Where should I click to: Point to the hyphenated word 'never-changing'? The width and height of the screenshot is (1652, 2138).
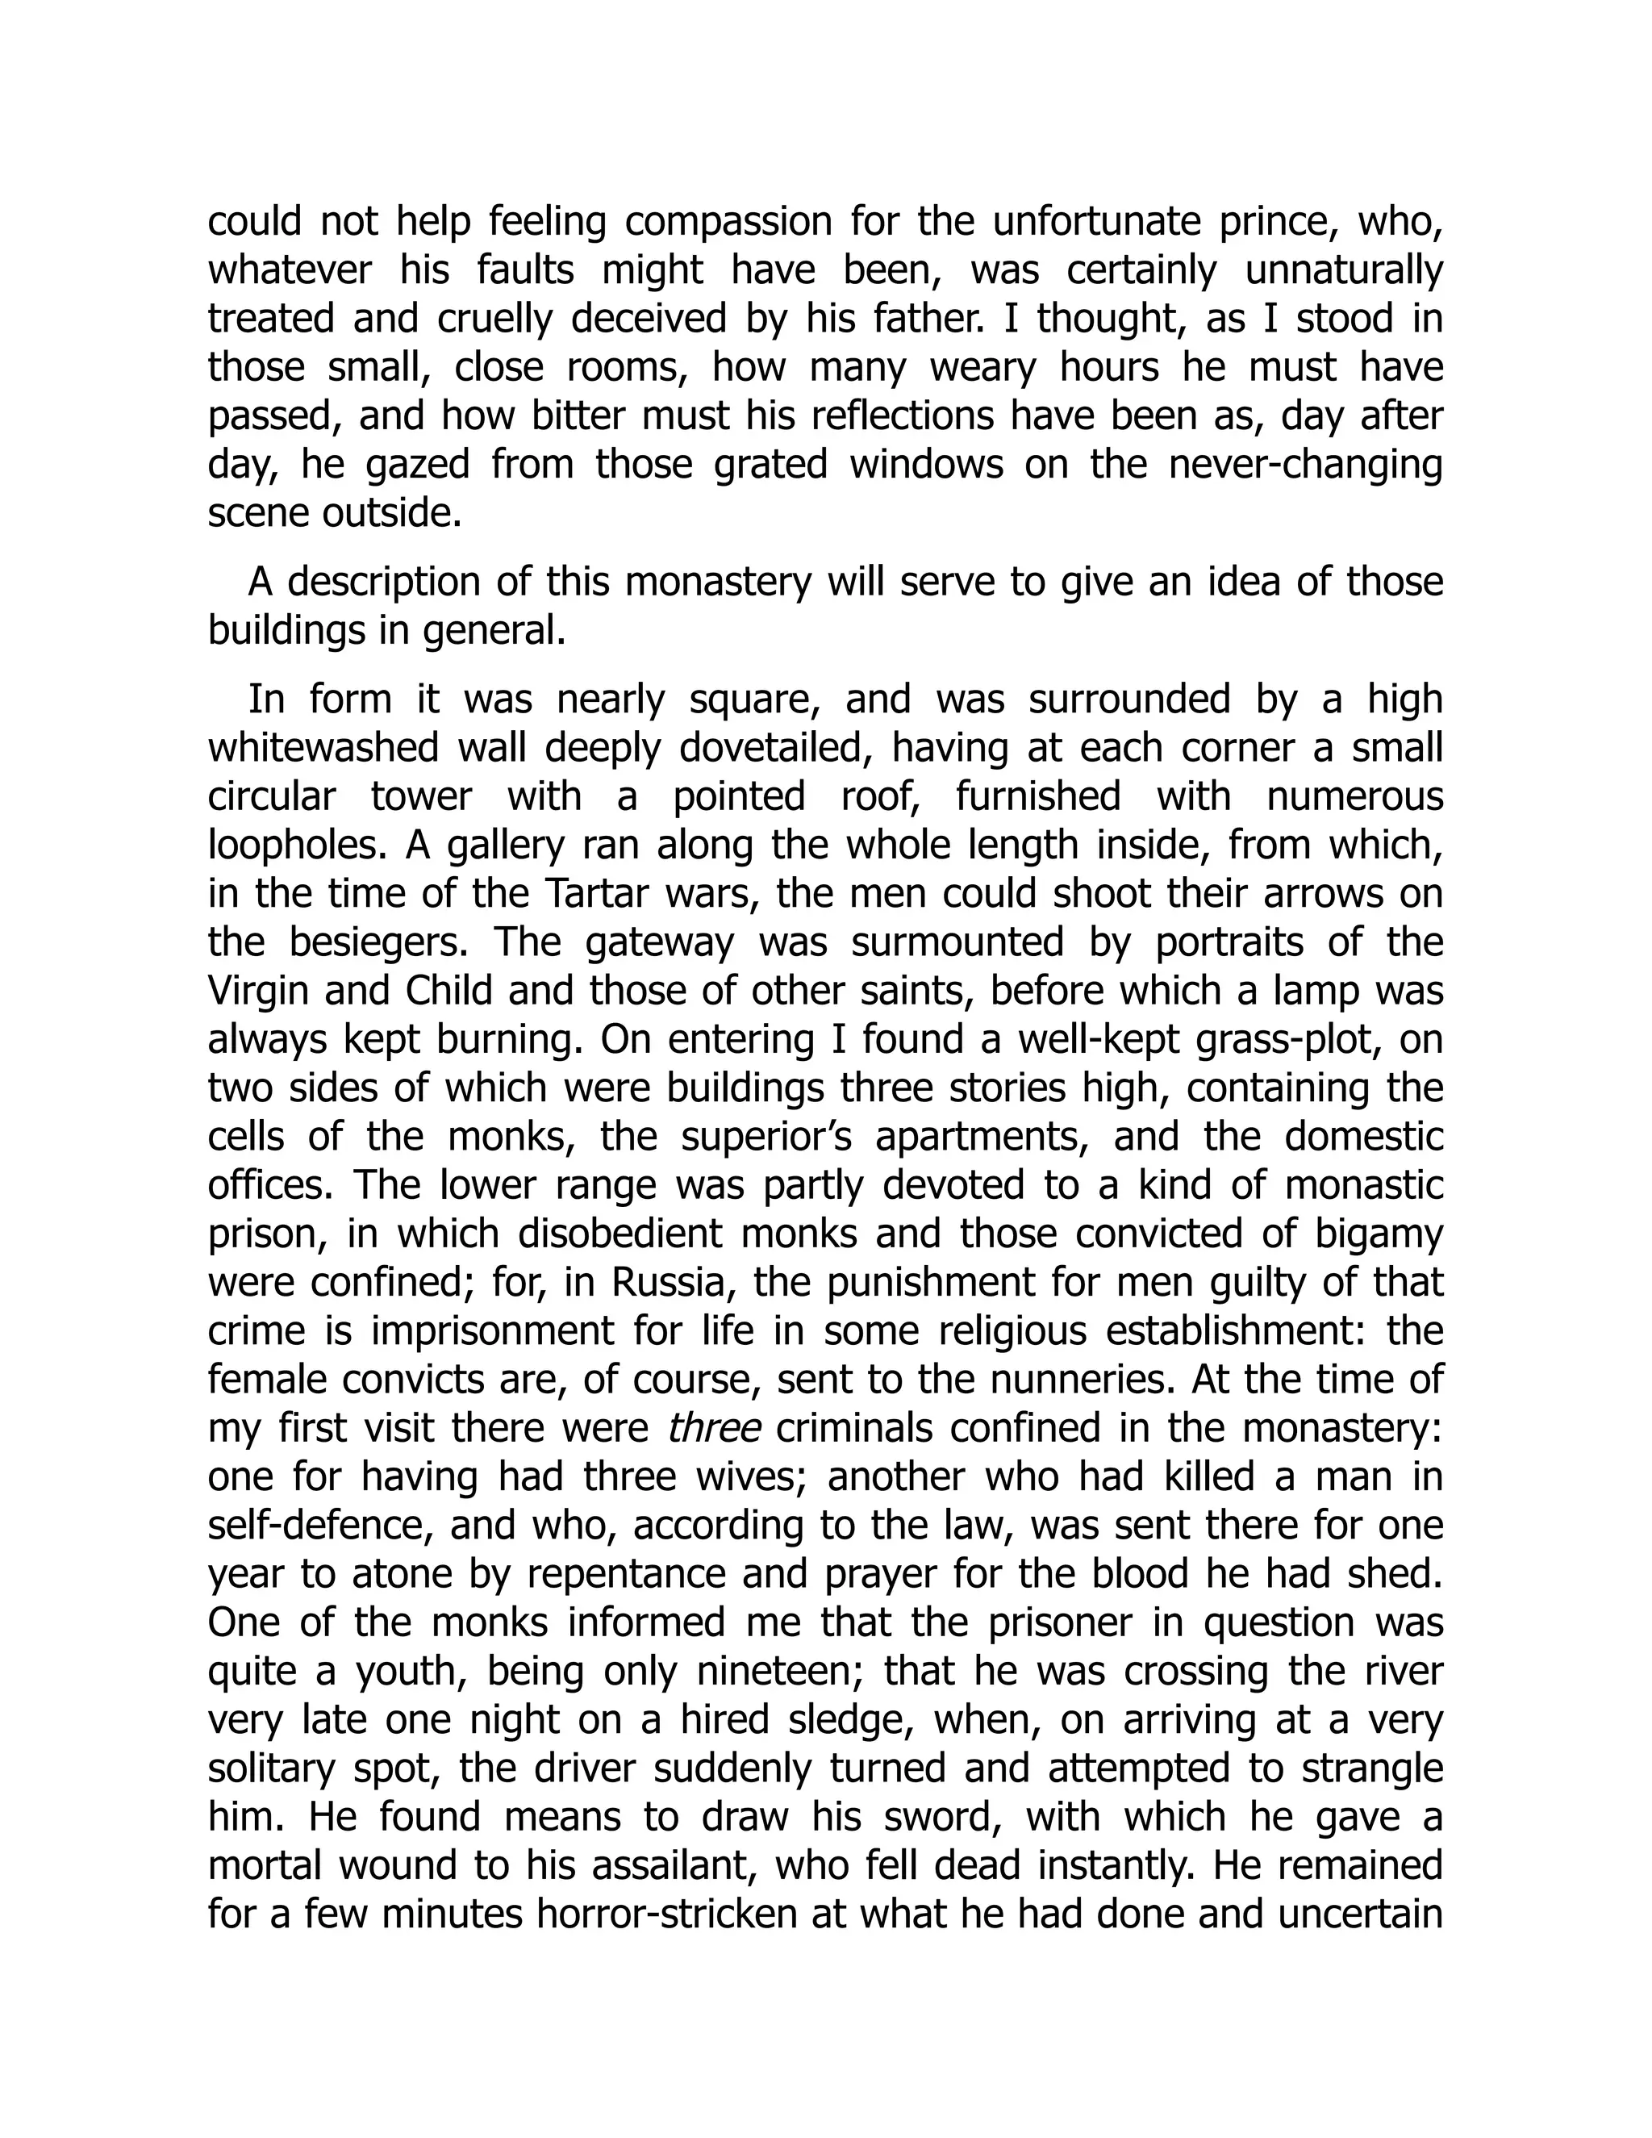point(1306,464)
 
